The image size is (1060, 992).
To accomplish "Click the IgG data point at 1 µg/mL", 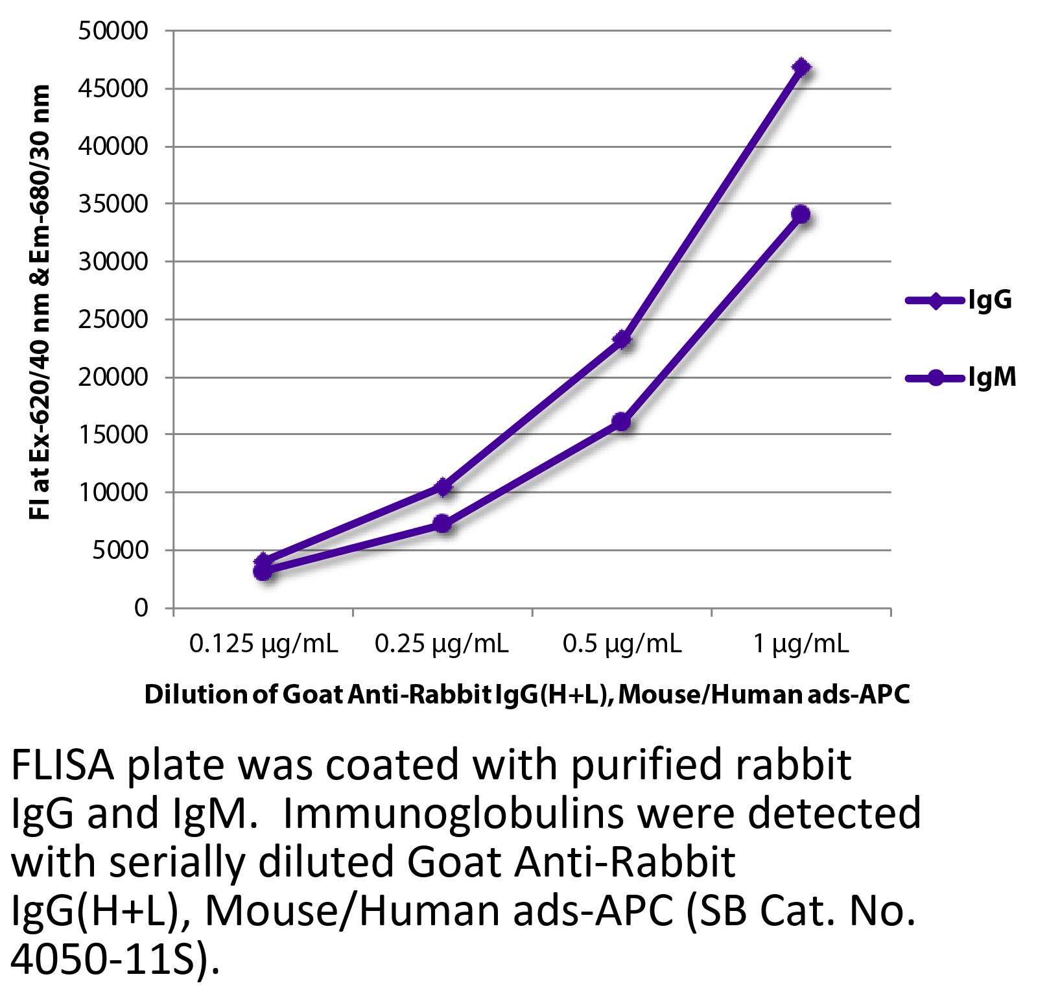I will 801,67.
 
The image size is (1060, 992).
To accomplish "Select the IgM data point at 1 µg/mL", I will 801,214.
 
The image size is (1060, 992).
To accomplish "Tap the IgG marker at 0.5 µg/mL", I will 622,339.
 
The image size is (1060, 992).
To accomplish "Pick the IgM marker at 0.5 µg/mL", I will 622,421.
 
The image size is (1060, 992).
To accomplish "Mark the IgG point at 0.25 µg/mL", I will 443,486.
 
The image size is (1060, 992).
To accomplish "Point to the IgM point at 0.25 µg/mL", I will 443,523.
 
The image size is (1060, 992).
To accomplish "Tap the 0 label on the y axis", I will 141,608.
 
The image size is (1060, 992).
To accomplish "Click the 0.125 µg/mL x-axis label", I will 263,644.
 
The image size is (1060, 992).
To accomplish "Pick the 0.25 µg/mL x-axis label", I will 442,644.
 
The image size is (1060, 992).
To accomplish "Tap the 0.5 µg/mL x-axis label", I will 622,644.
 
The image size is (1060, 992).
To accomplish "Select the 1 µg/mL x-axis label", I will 801,644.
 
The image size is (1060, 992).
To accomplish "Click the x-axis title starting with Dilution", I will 527,694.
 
